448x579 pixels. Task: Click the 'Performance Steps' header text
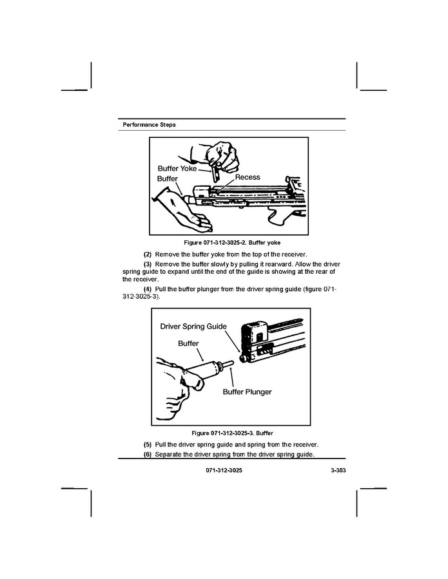149,125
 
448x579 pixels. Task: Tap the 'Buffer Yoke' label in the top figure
177,169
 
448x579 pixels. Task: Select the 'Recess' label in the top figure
248,177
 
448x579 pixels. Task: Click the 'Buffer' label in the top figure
168,178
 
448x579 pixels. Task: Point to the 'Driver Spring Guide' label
193,327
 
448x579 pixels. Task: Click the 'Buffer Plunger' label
247,392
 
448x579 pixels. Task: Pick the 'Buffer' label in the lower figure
188,343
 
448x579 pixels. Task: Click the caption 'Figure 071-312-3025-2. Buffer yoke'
232,243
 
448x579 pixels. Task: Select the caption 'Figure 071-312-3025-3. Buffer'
232,433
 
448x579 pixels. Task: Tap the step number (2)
148,254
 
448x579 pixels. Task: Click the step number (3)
148,265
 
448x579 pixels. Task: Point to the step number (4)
148,289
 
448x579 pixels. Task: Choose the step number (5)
148,444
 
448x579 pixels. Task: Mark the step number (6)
148,454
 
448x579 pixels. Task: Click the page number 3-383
338,470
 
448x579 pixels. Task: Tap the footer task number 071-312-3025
224,470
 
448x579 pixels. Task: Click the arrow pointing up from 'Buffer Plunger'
232,377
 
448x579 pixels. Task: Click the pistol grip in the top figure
281,217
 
